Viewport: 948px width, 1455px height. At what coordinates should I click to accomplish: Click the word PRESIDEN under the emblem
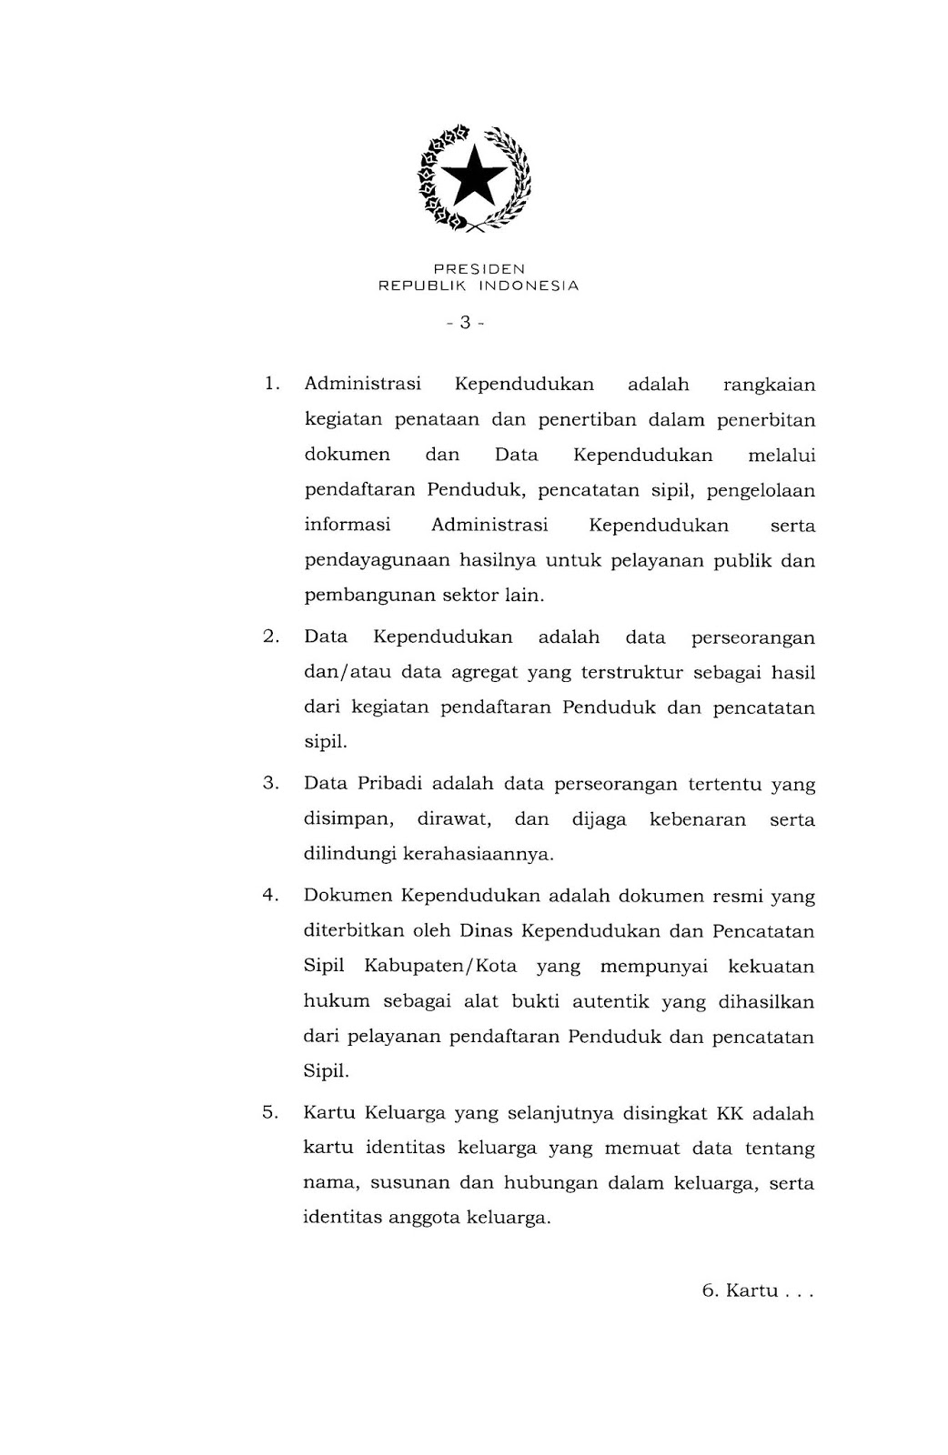coord(479,269)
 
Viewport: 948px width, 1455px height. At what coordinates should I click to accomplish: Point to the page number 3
coord(465,323)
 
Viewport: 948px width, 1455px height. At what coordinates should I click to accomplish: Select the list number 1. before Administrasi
coord(270,385)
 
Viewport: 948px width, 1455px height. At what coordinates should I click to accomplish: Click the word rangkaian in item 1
coord(769,385)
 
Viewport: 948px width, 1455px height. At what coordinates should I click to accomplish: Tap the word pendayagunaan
coord(377,561)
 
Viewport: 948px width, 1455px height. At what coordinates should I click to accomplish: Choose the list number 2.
coord(270,637)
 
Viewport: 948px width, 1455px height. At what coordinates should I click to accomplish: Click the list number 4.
coord(270,896)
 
